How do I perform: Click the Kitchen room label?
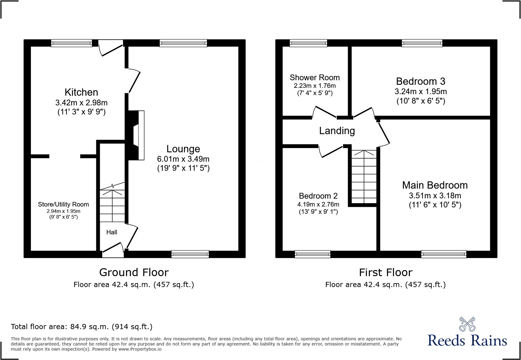point(81,92)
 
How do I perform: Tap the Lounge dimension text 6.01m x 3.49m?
point(183,159)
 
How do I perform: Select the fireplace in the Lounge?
point(136,135)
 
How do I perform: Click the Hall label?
point(112,232)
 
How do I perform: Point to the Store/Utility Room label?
point(63,204)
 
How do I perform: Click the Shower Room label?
point(315,78)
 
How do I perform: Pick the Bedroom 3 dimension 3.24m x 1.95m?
point(421,91)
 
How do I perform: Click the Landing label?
point(337,131)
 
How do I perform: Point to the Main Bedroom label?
point(435,185)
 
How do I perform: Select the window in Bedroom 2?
point(313,254)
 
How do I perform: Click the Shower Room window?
point(308,43)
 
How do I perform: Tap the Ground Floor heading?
point(134,272)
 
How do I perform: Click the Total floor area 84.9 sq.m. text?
point(81,327)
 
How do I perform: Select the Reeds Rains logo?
point(467,333)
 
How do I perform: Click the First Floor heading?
point(385,272)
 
